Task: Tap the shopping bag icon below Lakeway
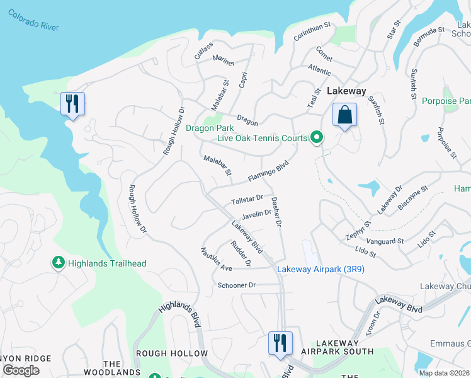point(344,115)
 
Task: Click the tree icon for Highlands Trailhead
point(59,262)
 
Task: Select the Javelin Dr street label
point(256,214)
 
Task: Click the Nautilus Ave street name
point(217,260)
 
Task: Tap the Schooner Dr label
point(236,285)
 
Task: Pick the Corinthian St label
point(312,32)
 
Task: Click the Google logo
point(21,370)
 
